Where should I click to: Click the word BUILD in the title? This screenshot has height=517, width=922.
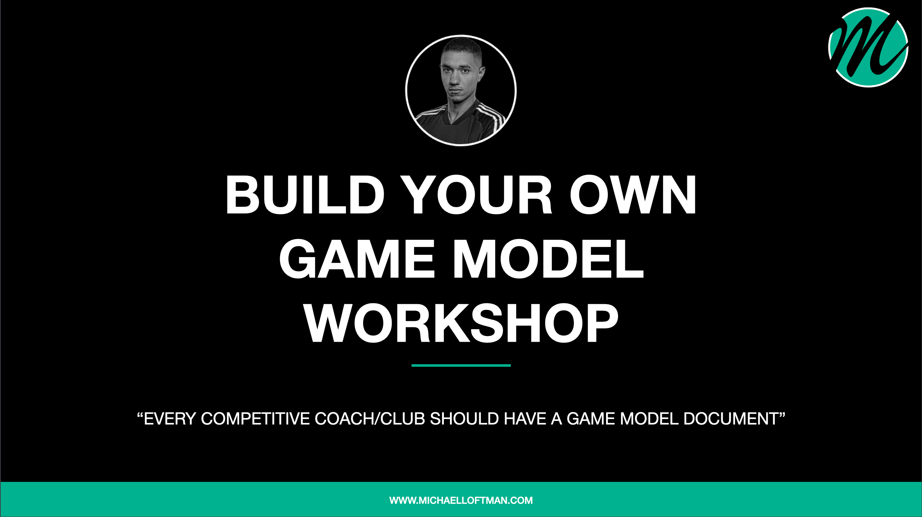pyautogui.click(x=305, y=195)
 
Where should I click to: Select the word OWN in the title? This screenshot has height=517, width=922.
pyautogui.click(x=633, y=195)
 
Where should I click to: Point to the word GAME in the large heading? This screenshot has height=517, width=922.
pyautogui.click(x=356, y=259)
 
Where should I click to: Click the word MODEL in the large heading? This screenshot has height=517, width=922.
pyautogui.click(x=548, y=259)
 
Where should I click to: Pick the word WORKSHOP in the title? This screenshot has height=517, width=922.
pyautogui.click(x=461, y=323)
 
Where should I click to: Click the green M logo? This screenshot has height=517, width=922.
pyautogui.click(x=868, y=47)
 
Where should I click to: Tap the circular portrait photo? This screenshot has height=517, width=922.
pyautogui.click(x=461, y=91)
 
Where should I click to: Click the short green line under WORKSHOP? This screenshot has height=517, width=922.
pyautogui.click(x=461, y=366)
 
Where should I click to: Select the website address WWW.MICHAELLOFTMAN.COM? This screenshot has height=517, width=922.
pyautogui.click(x=461, y=500)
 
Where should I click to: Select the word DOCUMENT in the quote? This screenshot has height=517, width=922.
pyautogui.click(x=731, y=419)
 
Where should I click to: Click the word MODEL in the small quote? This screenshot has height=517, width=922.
pyautogui.click(x=649, y=419)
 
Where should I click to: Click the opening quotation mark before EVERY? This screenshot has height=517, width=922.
pyautogui.click(x=140, y=415)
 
